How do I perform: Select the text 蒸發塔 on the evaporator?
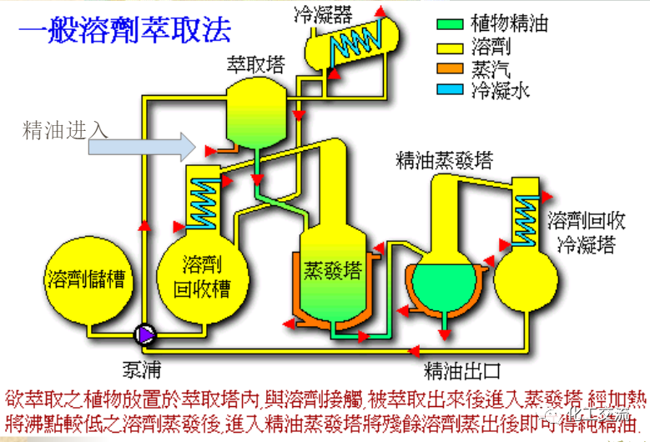click(332, 271)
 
